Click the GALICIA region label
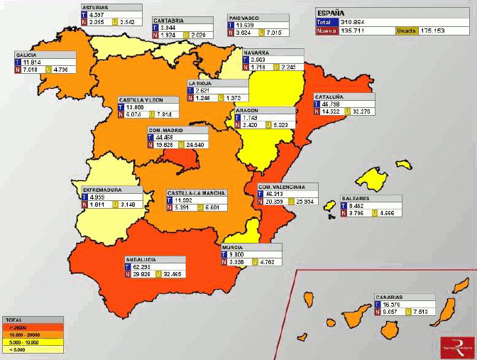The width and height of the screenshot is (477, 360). pyautogui.click(x=28, y=54)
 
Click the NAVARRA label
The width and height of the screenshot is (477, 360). pyautogui.click(x=255, y=53)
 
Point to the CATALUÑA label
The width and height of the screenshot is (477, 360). pyautogui.click(x=330, y=97)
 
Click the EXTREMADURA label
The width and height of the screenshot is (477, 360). pyautogui.click(x=102, y=190)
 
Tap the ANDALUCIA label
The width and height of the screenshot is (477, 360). pyautogui.click(x=141, y=260)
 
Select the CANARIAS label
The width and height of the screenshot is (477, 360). pyautogui.click(x=390, y=298)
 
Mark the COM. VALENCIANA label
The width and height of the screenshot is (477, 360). pyautogui.click(x=281, y=187)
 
